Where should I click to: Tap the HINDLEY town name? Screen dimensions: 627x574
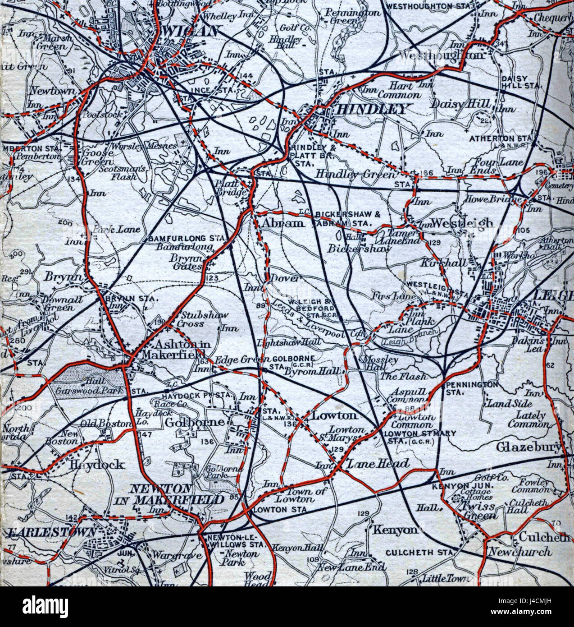[372, 109]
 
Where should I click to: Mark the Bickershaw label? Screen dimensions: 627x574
[359, 248]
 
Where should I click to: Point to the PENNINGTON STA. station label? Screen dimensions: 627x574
[472, 388]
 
